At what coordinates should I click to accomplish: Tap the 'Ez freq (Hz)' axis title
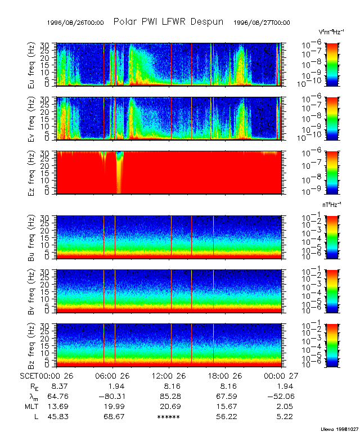click(x=32, y=172)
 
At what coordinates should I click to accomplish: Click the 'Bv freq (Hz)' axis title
click(x=32, y=290)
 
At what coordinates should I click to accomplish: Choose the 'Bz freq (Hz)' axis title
click(x=32, y=344)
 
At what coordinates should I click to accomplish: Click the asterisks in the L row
click(x=169, y=416)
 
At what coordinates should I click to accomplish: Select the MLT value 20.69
click(x=169, y=406)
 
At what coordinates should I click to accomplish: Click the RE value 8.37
click(x=59, y=386)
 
